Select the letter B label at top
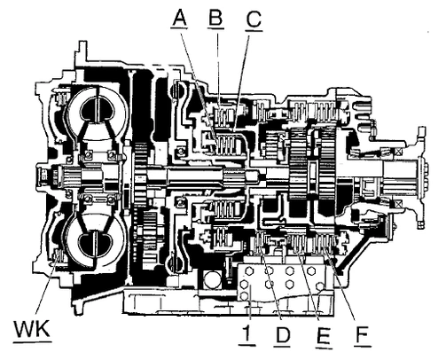215,18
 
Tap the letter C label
254,20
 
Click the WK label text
32,329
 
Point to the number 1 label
247,334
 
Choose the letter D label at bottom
282,334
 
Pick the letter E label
323,336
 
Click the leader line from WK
46,285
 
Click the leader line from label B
219,69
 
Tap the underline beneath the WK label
33,342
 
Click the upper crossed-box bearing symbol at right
399,152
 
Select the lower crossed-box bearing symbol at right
399,204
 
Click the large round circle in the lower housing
212,279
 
